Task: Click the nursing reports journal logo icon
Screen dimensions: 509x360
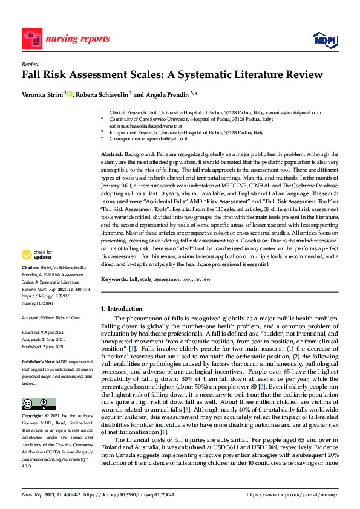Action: [x=31, y=39]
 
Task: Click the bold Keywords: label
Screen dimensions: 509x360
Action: [x=115, y=279]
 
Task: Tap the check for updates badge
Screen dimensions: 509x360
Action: [x=37, y=271]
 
